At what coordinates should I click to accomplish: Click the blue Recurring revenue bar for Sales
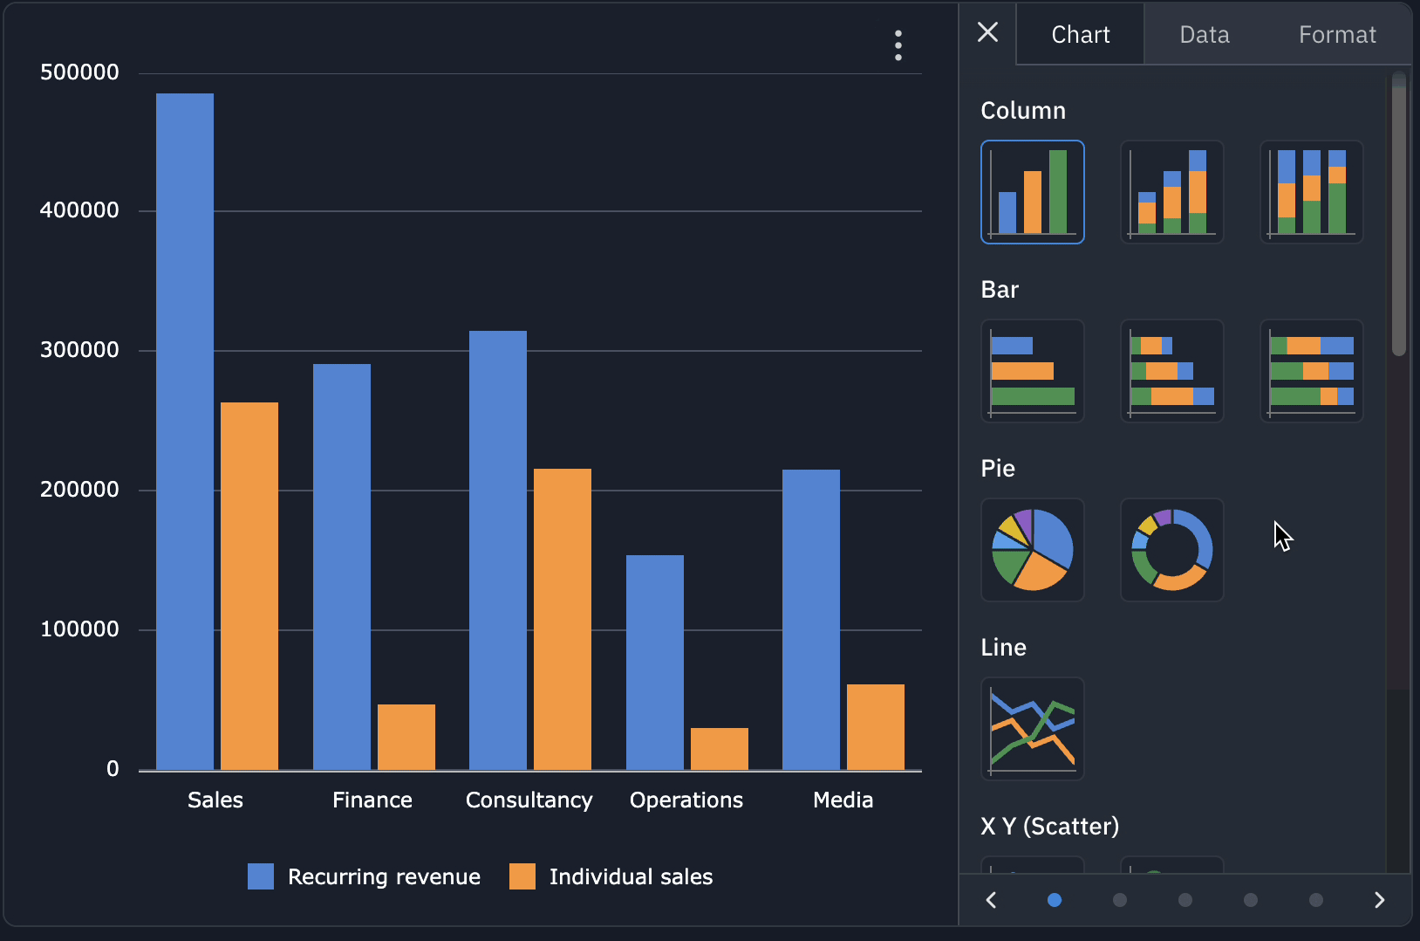click(185, 431)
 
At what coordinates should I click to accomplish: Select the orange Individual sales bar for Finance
click(406, 737)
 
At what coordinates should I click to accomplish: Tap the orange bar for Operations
click(720, 748)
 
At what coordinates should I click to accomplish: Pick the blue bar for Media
click(811, 620)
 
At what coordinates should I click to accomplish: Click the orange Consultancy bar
click(563, 619)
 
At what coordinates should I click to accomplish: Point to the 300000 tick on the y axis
click(79, 350)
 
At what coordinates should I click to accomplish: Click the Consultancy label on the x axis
click(529, 800)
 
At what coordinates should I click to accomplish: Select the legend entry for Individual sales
click(631, 876)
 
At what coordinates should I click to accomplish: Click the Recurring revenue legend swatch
click(261, 876)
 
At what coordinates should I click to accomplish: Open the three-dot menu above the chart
click(898, 45)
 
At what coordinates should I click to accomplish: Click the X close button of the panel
click(987, 32)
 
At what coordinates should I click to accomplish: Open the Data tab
click(1205, 35)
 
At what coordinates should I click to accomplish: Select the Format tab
click(1336, 35)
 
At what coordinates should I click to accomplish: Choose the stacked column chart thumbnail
click(1172, 192)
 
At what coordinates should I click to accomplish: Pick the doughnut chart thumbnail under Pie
click(1172, 550)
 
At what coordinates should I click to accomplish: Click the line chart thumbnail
click(1033, 729)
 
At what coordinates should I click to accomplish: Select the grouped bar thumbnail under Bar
click(1033, 371)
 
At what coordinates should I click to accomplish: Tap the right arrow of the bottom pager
click(1379, 900)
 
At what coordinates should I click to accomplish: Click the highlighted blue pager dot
click(1055, 900)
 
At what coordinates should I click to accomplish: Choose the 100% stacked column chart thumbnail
click(1312, 192)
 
